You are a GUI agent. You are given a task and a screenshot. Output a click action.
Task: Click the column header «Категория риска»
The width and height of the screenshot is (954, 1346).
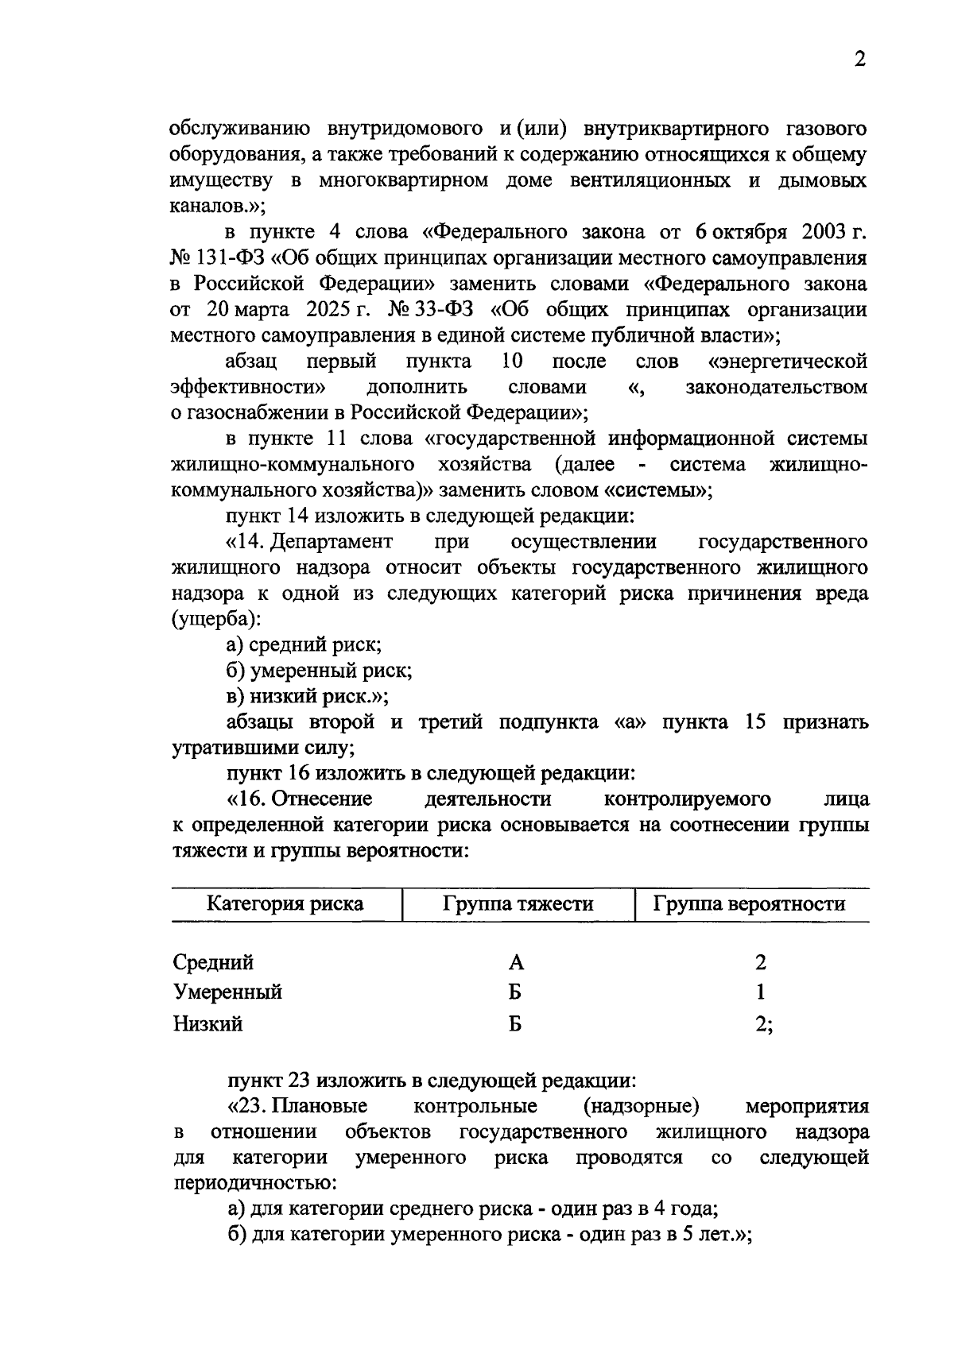point(285,903)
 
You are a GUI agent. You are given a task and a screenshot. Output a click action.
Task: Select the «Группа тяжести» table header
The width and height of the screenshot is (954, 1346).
point(518,903)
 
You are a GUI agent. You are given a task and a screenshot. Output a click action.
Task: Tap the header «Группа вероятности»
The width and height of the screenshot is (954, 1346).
point(748,903)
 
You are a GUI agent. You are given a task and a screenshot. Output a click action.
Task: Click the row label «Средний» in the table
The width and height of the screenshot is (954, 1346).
point(213,962)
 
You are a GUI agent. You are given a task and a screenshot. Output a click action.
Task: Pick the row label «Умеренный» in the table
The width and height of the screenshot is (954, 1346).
point(227,992)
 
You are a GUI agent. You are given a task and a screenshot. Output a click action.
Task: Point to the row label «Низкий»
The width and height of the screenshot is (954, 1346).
point(207,1023)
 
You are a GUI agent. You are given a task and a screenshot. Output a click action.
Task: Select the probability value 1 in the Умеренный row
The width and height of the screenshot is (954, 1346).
point(761,992)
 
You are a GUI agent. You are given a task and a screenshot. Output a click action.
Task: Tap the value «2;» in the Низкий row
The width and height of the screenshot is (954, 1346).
point(763,1023)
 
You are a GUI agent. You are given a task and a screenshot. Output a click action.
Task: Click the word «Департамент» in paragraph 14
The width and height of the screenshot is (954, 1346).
point(332,542)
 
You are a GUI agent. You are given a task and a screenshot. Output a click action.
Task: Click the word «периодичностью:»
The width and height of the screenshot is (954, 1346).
point(254,1183)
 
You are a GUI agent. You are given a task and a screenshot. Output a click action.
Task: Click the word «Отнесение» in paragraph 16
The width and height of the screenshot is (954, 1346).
point(322,799)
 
